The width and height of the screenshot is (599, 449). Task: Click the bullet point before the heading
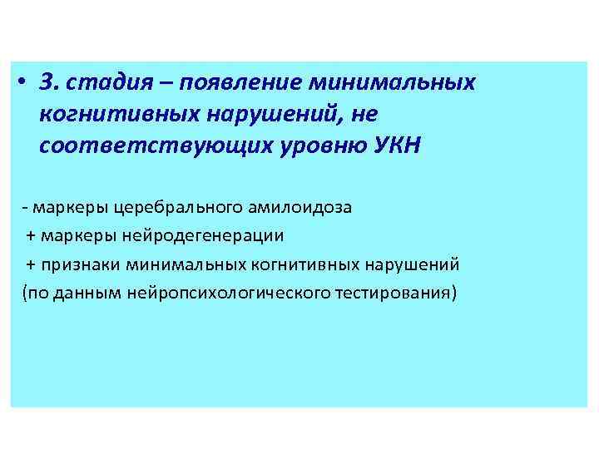pos(24,83)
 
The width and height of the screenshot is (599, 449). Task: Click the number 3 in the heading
pos(47,83)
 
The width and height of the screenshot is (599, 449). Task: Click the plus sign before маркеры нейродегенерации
pos(32,235)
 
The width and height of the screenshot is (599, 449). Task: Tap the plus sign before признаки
pos(32,264)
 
